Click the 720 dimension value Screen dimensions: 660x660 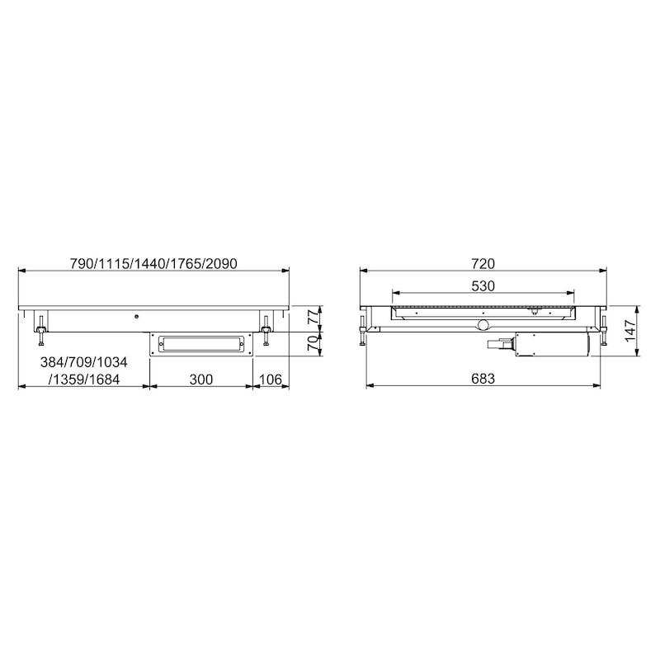click(483, 263)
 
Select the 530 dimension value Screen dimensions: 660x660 click(483, 286)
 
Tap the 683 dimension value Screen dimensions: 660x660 click(483, 379)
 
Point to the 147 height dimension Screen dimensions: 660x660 click(629, 331)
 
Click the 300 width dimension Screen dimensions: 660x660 click(200, 379)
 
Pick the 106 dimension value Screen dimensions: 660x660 click(271, 379)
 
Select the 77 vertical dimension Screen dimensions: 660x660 click(313, 316)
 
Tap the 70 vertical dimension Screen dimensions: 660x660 click(313, 344)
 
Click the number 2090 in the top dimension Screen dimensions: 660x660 click(221, 263)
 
